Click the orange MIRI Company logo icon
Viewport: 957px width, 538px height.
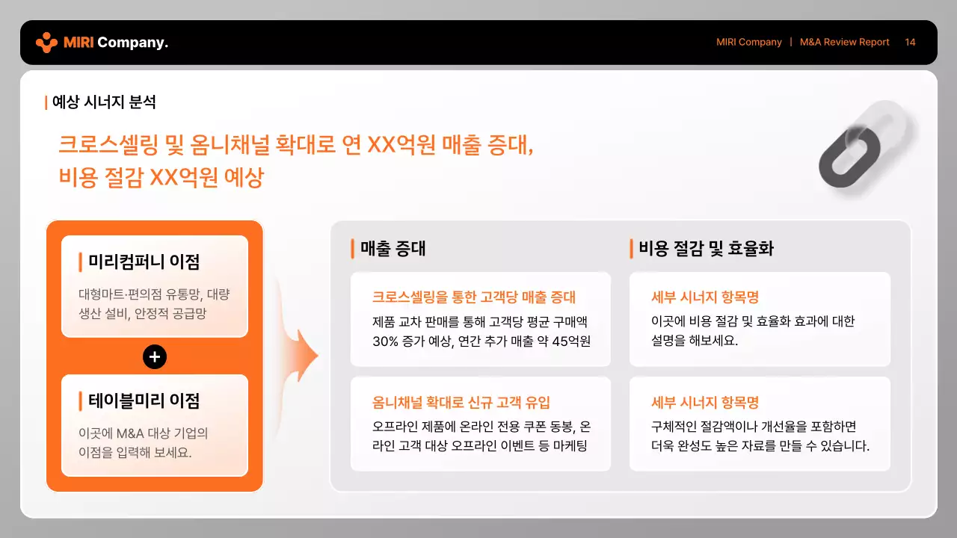[x=46, y=43]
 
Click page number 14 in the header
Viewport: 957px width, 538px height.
[x=910, y=43]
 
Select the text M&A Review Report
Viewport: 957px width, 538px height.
[x=844, y=43]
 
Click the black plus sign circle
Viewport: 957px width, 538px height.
[x=155, y=357]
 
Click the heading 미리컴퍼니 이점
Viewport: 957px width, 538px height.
[x=144, y=262]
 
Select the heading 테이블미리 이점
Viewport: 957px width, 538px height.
[x=144, y=401]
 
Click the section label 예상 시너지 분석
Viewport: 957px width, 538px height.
[x=104, y=102]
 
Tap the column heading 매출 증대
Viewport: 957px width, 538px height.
[x=393, y=249]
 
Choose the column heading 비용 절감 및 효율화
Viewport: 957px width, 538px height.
[x=706, y=249]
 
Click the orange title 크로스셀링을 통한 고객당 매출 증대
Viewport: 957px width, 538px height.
[x=474, y=297]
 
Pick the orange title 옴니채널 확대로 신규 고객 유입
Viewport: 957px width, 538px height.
[x=461, y=403]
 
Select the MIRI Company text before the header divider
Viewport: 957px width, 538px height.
[x=748, y=43]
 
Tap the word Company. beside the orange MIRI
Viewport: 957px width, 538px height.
[x=132, y=43]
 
